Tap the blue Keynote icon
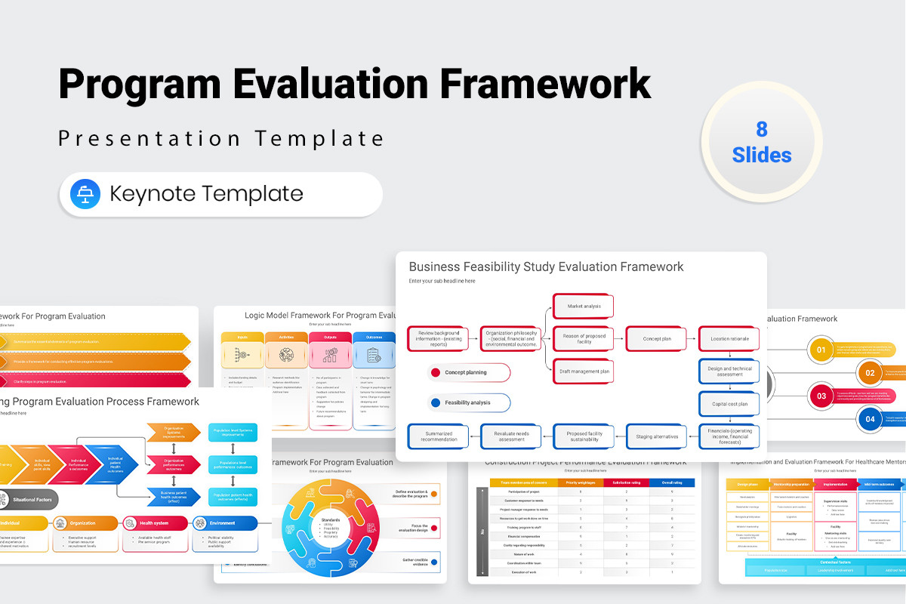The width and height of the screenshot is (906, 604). (85, 194)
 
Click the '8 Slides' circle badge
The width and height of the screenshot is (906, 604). (761, 142)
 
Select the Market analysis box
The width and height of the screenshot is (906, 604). (583, 306)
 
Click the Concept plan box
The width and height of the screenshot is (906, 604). (656, 339)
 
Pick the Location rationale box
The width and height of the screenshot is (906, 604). (729, 339)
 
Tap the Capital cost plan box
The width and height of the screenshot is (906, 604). (729, 404)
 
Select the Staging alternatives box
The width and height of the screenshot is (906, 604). (656, 436)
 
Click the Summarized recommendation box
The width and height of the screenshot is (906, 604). (438, 436)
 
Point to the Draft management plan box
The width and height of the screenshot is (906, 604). (583, 371)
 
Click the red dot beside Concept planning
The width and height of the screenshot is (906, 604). (435, 372)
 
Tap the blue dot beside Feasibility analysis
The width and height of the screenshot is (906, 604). (435, 402)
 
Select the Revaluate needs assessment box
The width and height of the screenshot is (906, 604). (511, 436)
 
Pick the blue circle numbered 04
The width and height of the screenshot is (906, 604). (870, 418)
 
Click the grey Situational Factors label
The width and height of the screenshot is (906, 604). (29, 499)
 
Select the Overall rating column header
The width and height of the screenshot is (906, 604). (671, 482)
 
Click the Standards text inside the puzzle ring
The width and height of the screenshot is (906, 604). (329, 519)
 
